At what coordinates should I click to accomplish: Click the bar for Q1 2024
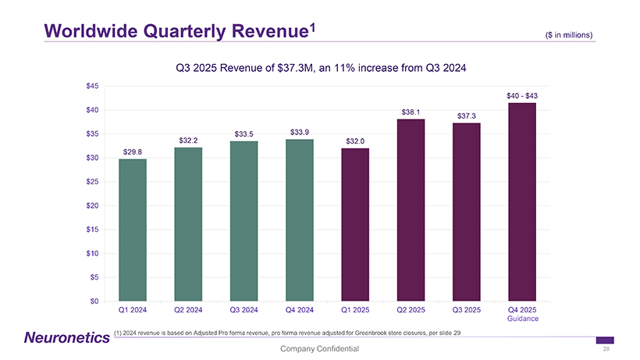pyautogui.click(x=133, y=230)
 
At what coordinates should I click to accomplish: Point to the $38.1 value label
pyautogui.click(x=411, y=112)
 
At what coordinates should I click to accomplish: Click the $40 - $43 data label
pyautogui.click(x=522, y=95)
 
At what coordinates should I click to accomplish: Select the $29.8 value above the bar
pyautogui.click(x=133, y=151)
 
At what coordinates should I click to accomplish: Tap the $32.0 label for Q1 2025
pyautogui.click(x=355, y=141)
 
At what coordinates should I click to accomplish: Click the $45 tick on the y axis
pyautogui.click(x=93, y=86)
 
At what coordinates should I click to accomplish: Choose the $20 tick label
pyautogui.click(x=93, y=205)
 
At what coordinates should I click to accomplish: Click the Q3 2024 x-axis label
pyautogui.click(x=244, y=310)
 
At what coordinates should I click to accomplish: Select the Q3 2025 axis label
pyautogui.click(x=467, y=310)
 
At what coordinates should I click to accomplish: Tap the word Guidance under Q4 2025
pyautogui.click(x=522, y=319)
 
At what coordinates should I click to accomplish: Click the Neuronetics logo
pyautogui.click(x=63, y=337)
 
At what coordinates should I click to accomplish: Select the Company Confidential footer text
pyautogui.click(x=320, y=348)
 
